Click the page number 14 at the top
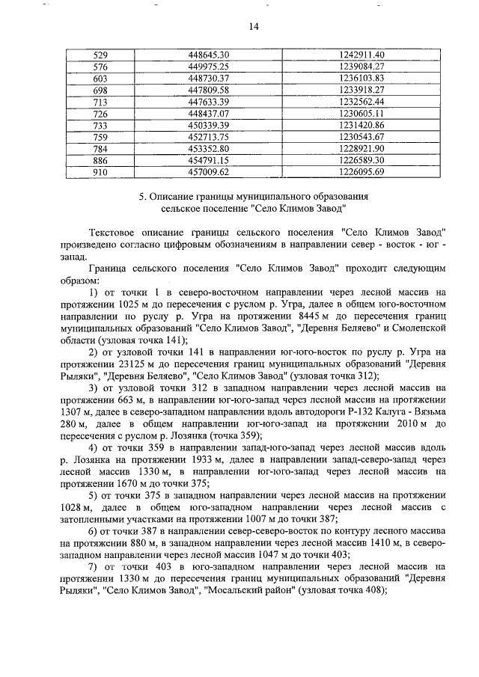(x=253, y=27)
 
